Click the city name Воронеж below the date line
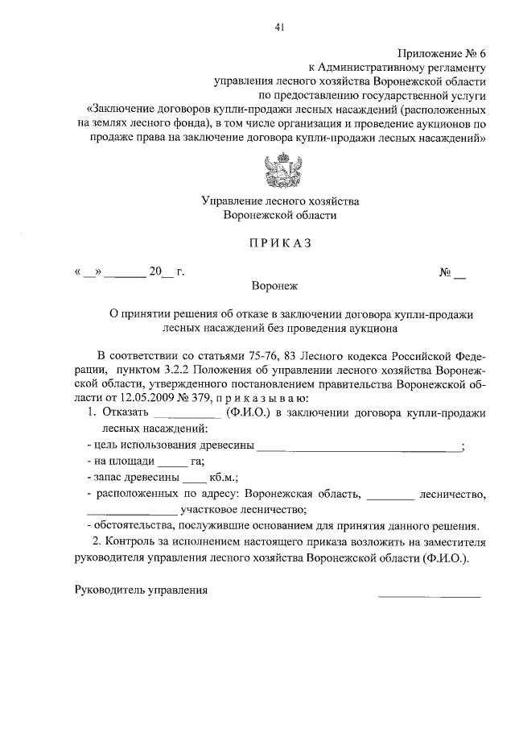[x=278, y=284]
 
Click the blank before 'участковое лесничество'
[x=131, y=509]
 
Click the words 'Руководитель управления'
[x=141, y=590]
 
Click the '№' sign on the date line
[x=444, y=271]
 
